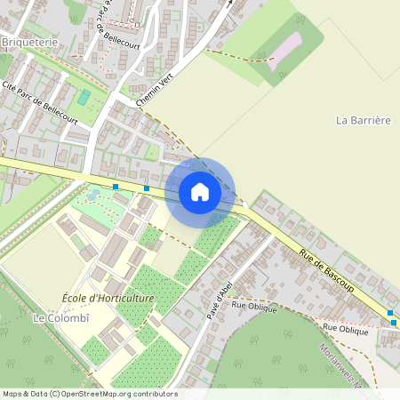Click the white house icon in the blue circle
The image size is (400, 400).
pos(200,191)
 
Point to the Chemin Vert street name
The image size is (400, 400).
pos(154,91)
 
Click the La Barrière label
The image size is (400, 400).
pos(364,119)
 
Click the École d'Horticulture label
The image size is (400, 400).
pos(108,298)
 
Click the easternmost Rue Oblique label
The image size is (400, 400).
pos(346,329)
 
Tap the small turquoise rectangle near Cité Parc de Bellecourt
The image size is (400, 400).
pos(84,97)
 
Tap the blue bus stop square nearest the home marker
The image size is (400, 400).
pos(147,188)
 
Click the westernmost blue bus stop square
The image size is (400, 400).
pos(116,186)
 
